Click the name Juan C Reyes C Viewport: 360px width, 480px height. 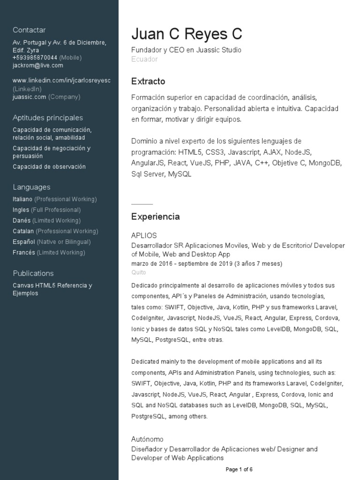coord(187,34)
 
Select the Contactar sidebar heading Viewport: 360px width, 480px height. coord(29,30)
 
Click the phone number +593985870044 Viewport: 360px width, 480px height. coord(35,58)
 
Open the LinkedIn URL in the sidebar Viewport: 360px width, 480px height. coord(61,81)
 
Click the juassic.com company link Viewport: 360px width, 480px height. coord(30,97)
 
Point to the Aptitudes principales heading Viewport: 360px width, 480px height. coord(48,118)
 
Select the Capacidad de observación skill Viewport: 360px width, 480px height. coord(49,166)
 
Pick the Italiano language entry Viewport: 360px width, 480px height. coord(22,199)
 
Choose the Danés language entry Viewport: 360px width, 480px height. coord(22,220)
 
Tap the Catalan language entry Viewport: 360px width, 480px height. coord(23,231)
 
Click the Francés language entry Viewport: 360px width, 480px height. coord(24,253)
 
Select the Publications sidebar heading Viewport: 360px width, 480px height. coord(33,273)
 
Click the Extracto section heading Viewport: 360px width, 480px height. coord(148,82)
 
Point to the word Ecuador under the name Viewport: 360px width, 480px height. coord(144,60)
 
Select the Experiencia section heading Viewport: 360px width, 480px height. coord(155,217)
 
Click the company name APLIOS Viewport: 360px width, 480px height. coord(144,235)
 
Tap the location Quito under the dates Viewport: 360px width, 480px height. coord(139,272)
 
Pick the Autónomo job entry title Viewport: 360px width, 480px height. coord(147,439)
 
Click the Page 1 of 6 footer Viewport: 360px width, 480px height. coord(239,469)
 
